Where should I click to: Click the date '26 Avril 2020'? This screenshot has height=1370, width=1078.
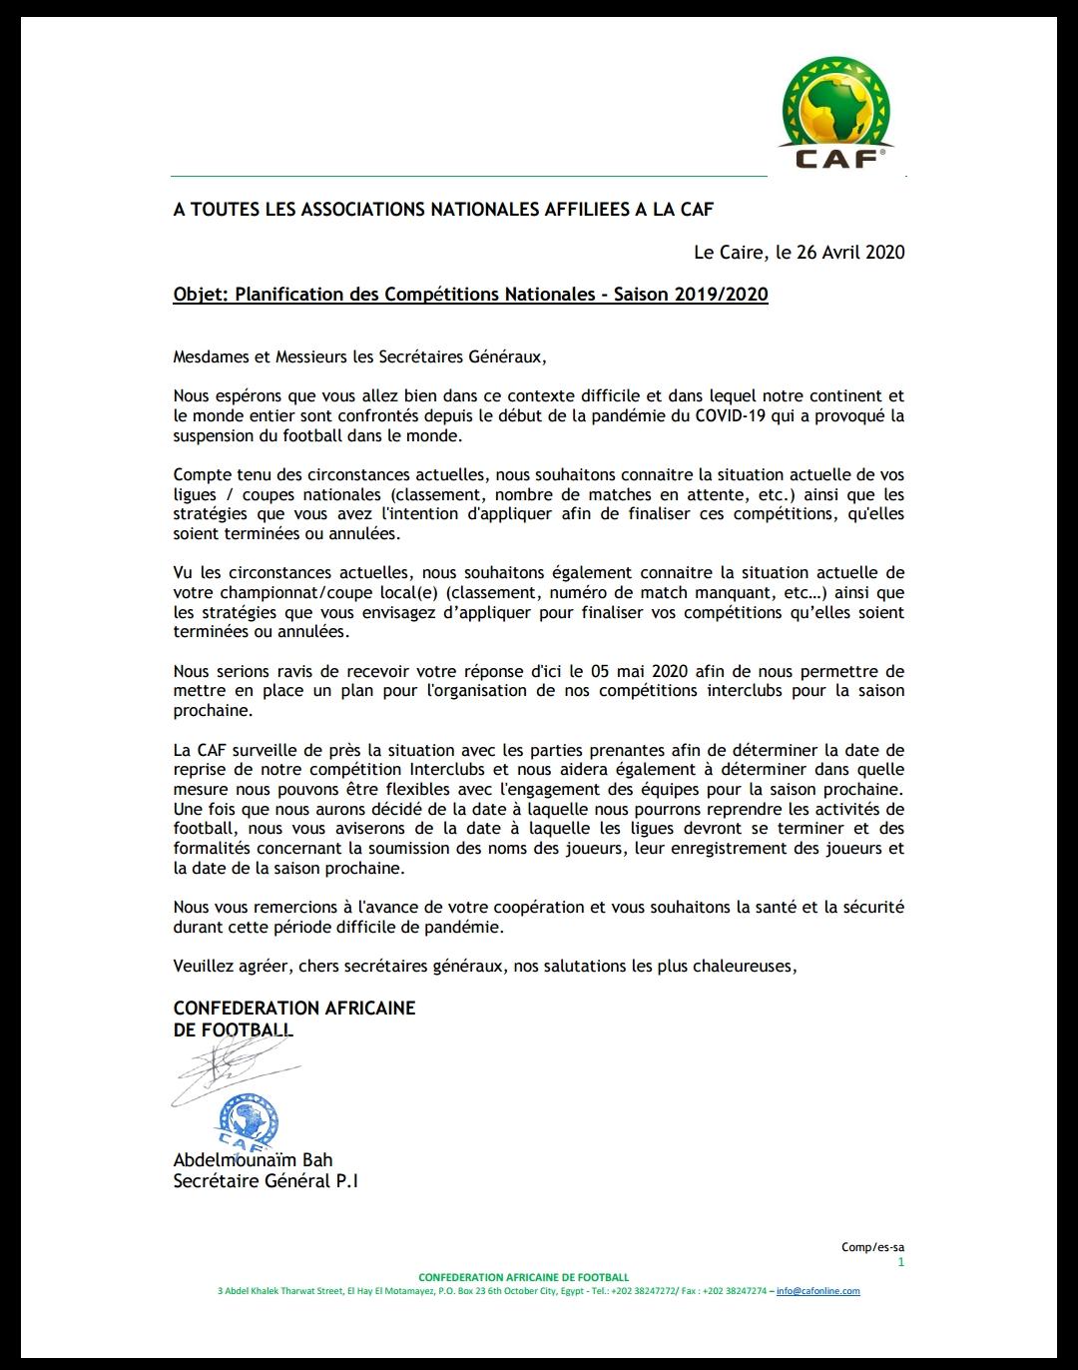pyautogui.click(x=851, y=252)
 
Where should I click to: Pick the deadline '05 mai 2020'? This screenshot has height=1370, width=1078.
pyautogui.click(x=629, y=670)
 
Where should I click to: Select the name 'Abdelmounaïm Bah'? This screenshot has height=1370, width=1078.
pyautogui.click(x=253, y=1160)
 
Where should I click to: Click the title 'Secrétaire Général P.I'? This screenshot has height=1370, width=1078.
pyautogui.click(x=266, y=1181)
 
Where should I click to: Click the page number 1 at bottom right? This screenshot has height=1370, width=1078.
pyautogui.click(x=900, y=1262)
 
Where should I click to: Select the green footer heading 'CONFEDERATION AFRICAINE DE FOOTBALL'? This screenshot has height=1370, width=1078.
pyautogui.click(x=524, y=1277)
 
